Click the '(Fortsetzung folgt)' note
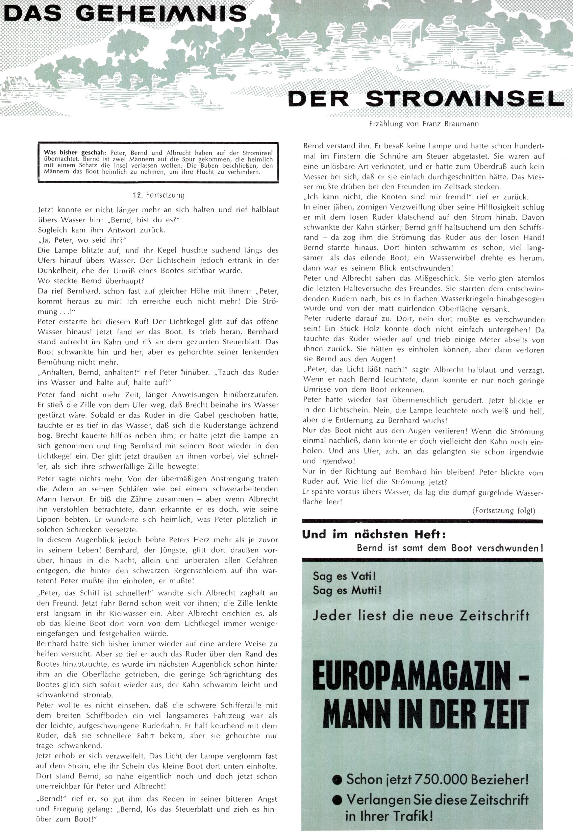point(503,511)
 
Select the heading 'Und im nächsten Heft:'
point(374,534)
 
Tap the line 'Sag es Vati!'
point(344,576)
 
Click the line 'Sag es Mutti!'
point(347,590)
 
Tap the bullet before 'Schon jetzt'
point(338,780)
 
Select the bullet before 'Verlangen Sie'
point(338,800)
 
